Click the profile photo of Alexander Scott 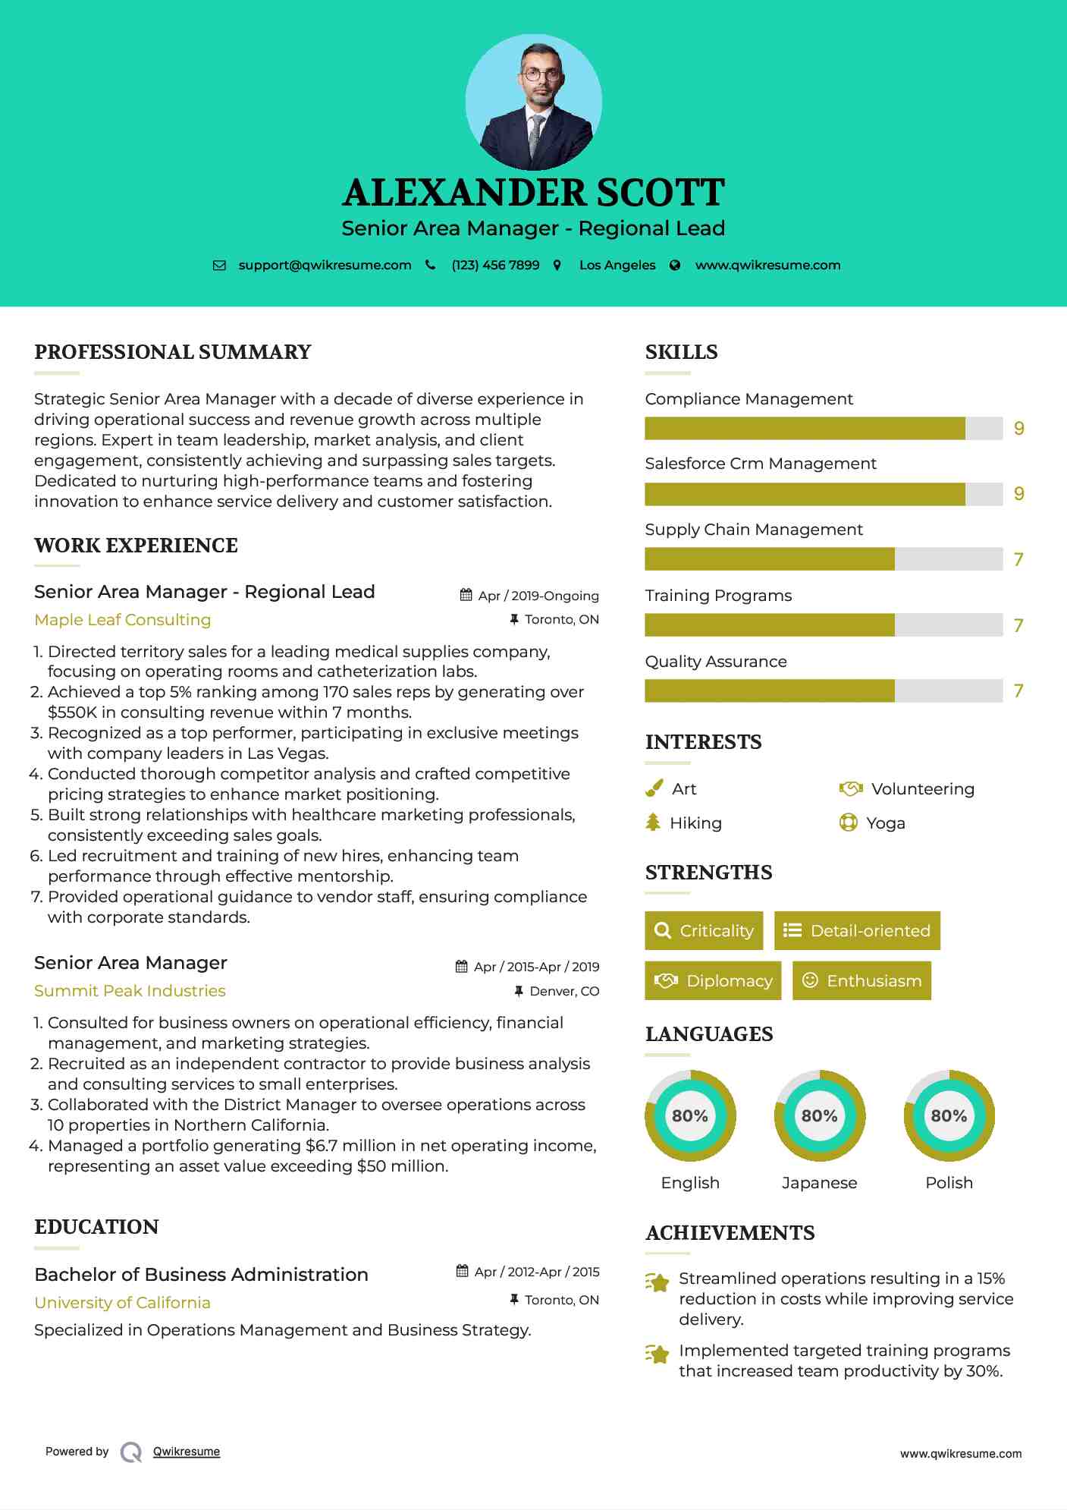(x=533, y=102)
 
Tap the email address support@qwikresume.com (x=325, y=266)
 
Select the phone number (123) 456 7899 (x=495, y=266)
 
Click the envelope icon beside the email (x=219, y=266)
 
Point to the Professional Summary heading (x=173, y=352)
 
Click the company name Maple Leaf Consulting (x=123, y=620)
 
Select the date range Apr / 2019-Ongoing (x=538, y=596)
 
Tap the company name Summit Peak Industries (x=130, y=991)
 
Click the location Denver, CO (x=564, y=991)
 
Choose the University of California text (x=122, y=1303)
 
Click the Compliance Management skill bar (x=823, y=429)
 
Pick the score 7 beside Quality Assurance (x=1018, y=691)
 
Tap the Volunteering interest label (x=922, y=789)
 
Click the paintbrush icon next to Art (x=654, y=789)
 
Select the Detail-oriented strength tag (x=857, y=931)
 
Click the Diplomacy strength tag (x=713, y=981)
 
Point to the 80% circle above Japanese (x=819, y=1115)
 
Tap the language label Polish (x=949, y=1183)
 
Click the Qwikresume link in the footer (x=187, y=1452)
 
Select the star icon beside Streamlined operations (x=657, y=1282)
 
